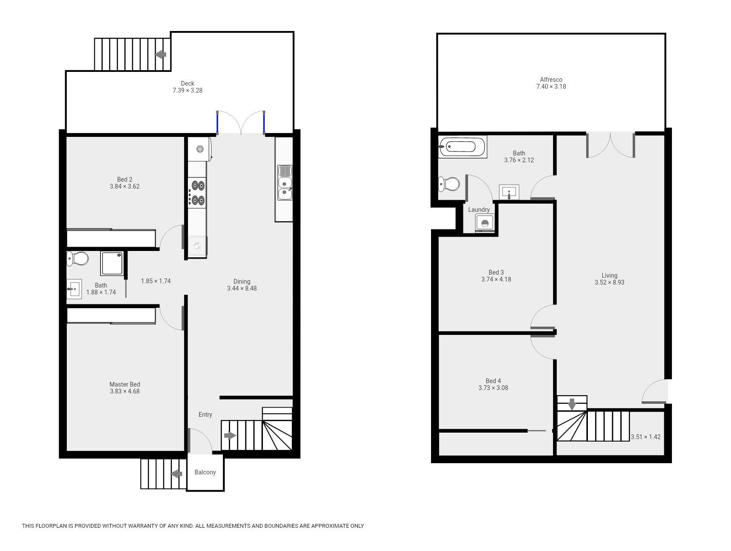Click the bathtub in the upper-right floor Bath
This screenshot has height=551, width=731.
pos(462,147)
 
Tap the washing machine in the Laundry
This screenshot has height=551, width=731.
pos(485,223)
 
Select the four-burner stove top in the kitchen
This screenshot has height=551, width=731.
pos(197,192)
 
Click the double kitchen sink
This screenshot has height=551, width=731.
pos(284,183)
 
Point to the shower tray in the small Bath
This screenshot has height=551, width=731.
pos(112,263)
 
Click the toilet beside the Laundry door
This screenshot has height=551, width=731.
pos(449,184)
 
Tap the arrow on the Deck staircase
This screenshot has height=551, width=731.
pos(161,55)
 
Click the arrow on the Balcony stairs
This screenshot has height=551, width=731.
pos(176,474)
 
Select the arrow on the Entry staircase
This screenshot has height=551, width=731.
pos(230,436)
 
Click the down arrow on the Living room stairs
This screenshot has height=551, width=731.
pos(572,404)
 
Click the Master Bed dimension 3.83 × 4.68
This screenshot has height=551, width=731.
pos(125,391)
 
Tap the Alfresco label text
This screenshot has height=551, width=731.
pos(551,80)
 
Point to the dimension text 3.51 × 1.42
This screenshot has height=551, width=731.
pos(646,437)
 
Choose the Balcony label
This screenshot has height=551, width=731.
pos(205,472)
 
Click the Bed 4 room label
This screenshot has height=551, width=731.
pos(494,381)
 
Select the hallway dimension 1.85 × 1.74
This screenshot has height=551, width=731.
pos(156,281)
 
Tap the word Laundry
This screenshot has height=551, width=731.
pos(479,210)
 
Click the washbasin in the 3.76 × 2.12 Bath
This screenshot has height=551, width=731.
pos(509,192)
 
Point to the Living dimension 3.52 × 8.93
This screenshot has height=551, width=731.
pos(609,282)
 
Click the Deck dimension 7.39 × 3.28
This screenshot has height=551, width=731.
pos(187,90)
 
